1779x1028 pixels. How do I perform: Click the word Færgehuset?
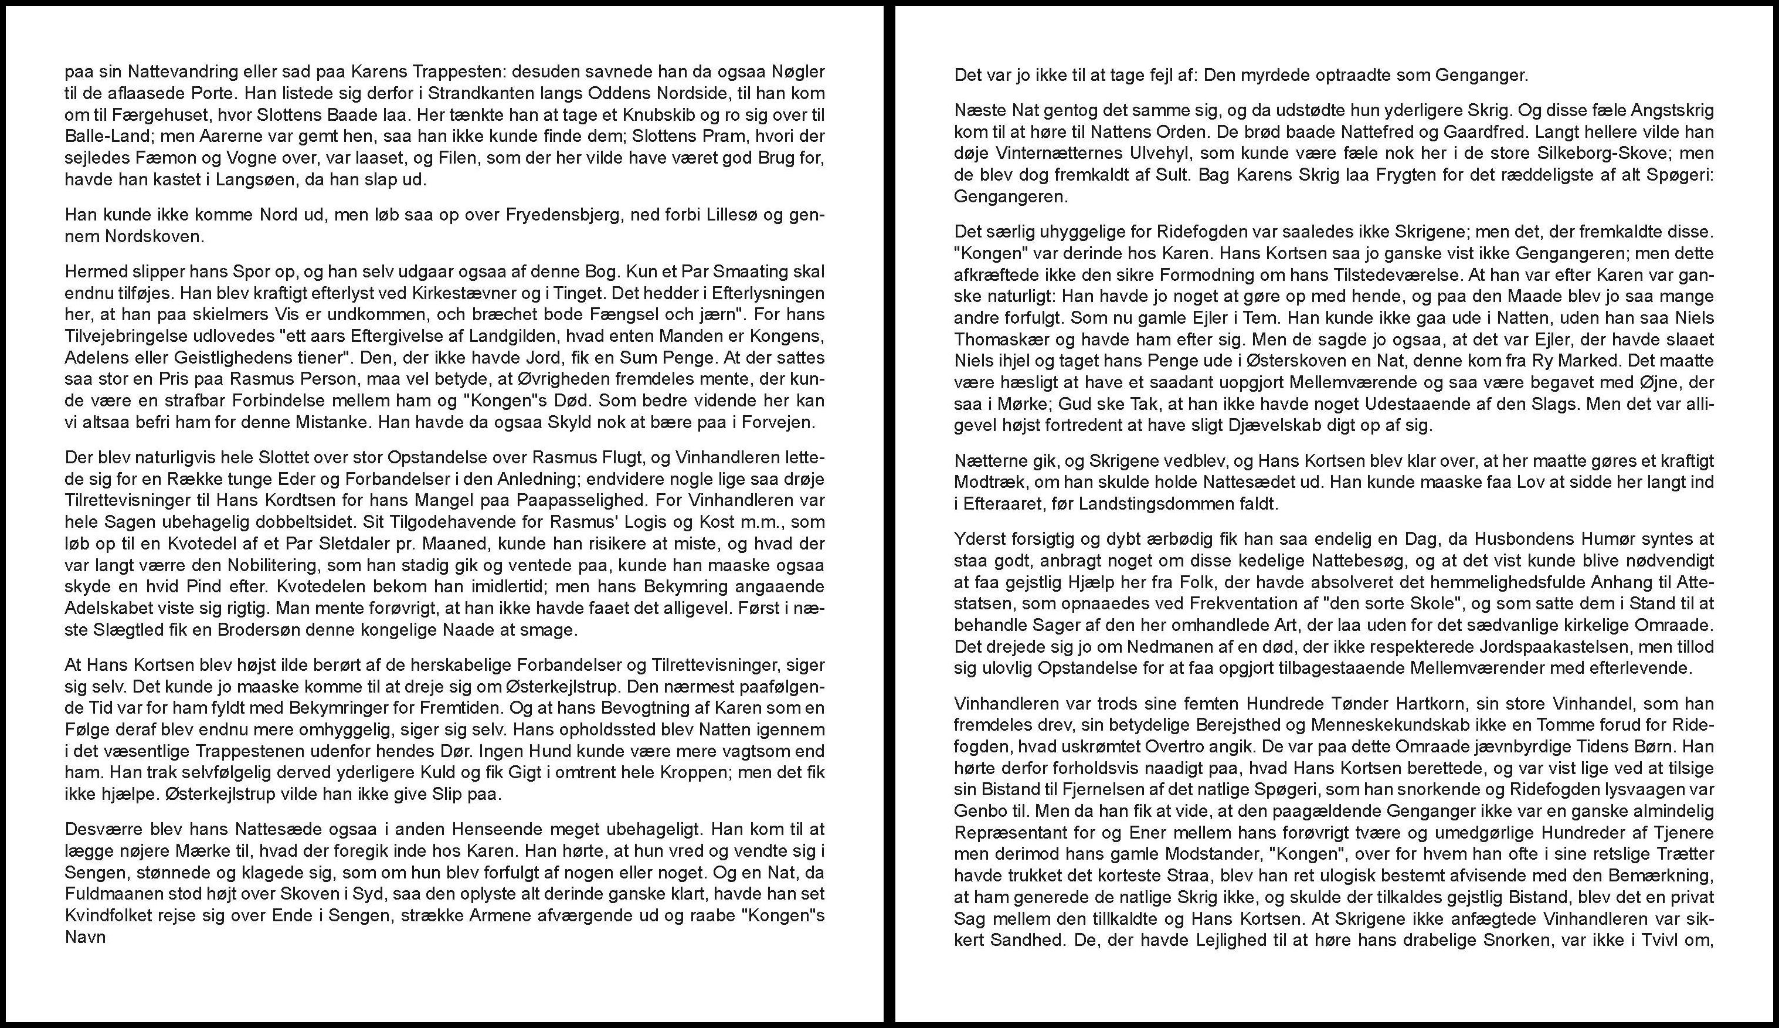pos(134,114)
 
